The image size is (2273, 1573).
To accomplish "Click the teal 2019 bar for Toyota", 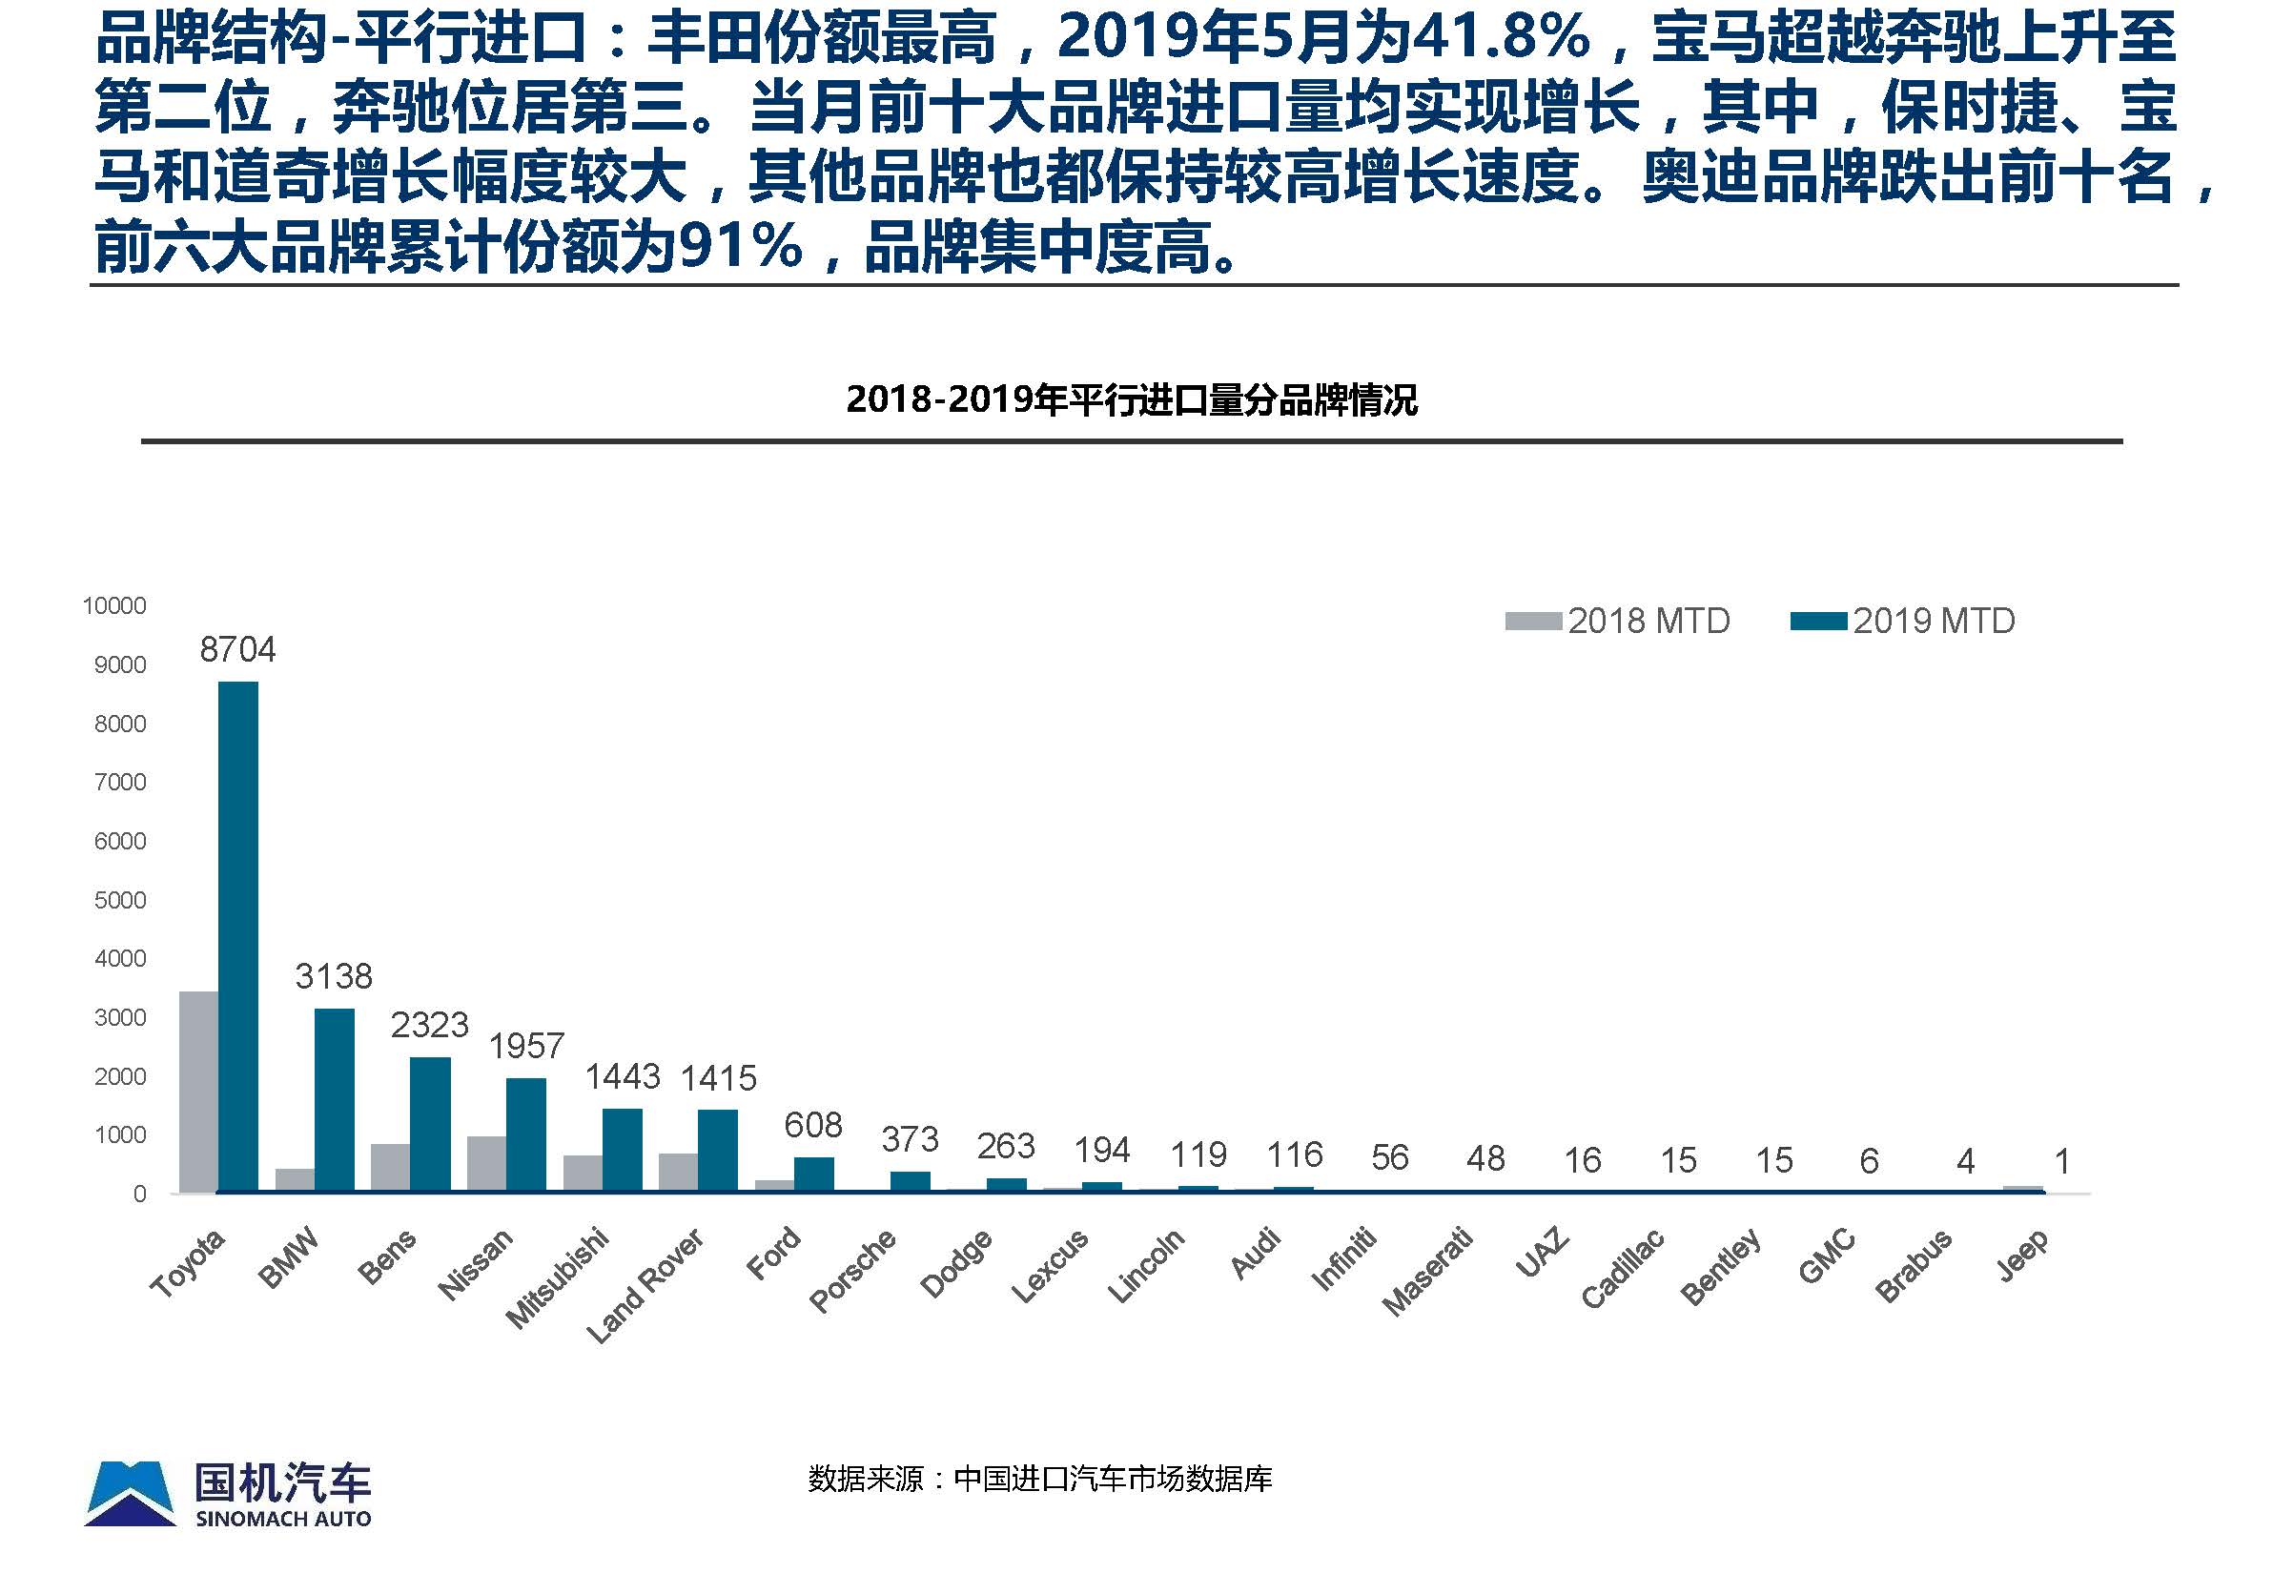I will click(x=237, y=936).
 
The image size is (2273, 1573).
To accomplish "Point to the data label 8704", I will click(x=237, y=649).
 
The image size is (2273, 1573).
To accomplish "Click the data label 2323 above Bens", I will click(x=430, y=1025).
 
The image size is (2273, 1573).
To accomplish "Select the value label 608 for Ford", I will click(x=813, y=1125).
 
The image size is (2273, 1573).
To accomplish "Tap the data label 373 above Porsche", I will click(x=910, y=1139).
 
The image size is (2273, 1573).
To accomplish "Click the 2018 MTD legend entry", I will click(x=1619, y=621).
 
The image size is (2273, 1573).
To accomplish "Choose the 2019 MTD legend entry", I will click(x=1903, y=621).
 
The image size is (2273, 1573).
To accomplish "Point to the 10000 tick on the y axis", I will click(x=114, y=605).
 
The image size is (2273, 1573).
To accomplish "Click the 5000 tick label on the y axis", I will click(x=120, y=900).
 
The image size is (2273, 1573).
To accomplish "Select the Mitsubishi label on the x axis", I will click(x=557, y=1278).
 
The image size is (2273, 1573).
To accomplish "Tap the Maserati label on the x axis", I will click(x=1426, y=1272).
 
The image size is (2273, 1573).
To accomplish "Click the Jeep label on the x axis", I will click(x=2022, y=1254).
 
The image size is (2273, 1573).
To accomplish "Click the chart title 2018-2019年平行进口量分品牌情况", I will click(x=1132, y=399).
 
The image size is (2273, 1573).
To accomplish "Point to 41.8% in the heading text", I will click(x=1503, y=37).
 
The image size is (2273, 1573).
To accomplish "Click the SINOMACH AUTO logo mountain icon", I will click(x=130, y=1493).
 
